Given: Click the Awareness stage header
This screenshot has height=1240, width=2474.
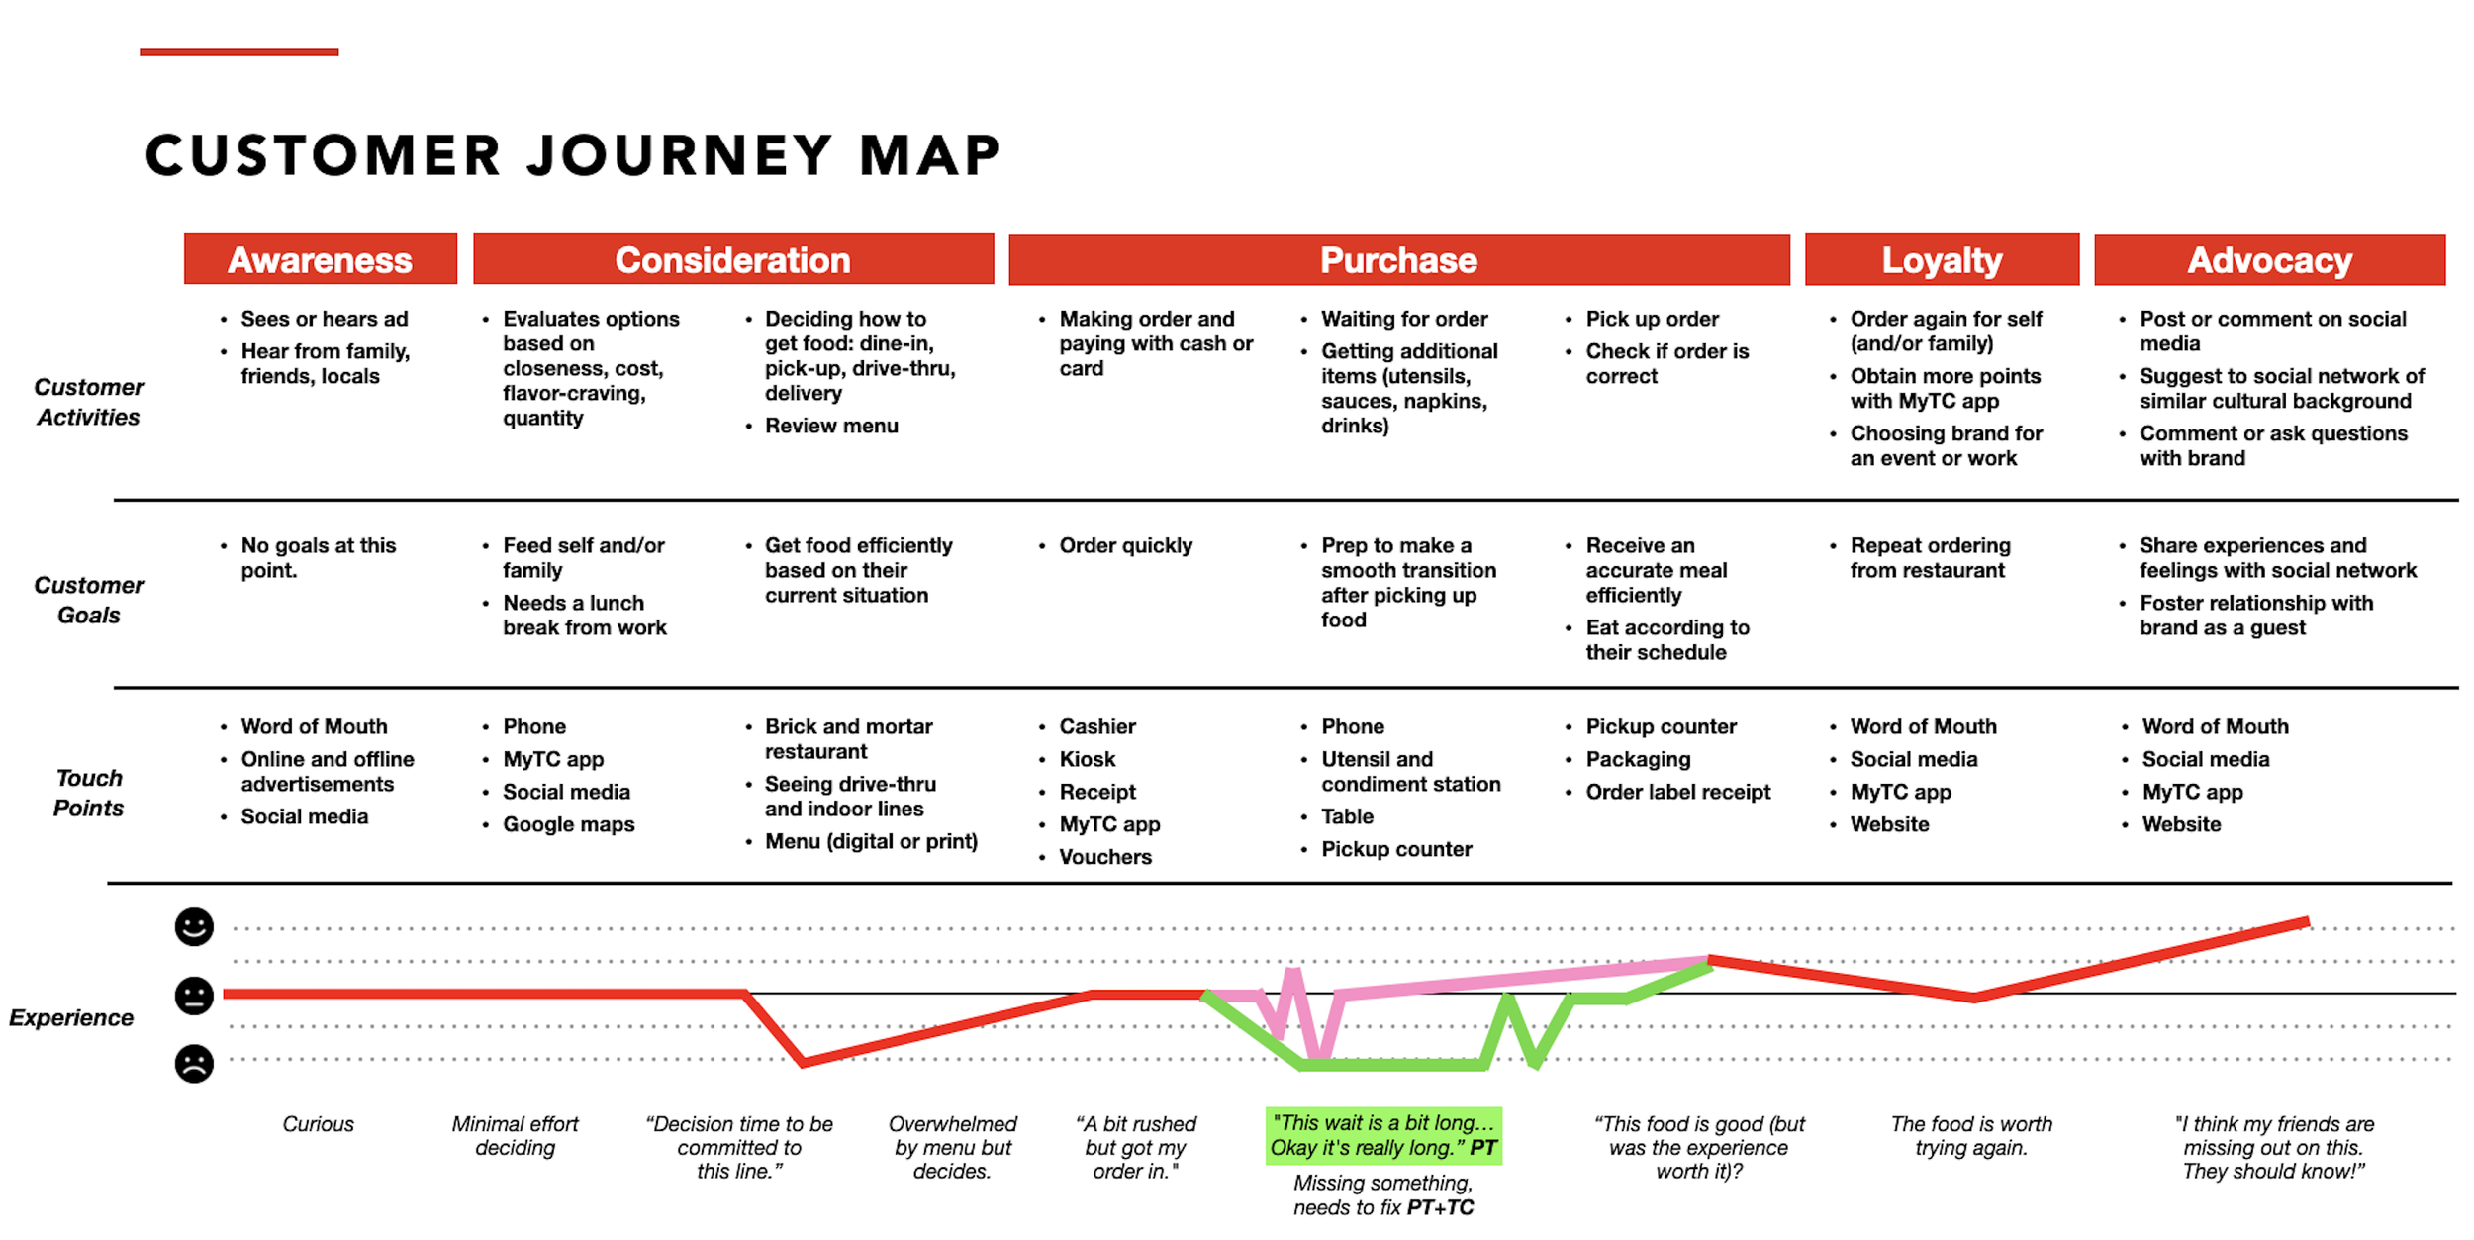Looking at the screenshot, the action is [321, 259].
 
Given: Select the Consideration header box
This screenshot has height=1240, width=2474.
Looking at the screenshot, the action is [733, 259].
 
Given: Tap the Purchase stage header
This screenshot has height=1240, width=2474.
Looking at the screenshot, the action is [1399, 259].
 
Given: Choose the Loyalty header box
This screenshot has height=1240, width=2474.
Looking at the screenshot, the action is [1942, 259].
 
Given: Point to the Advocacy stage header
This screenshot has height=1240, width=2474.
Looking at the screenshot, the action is [2270, 259].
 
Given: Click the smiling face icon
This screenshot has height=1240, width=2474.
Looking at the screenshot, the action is [194, 927].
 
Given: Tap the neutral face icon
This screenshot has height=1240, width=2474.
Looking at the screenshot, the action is [194, 996].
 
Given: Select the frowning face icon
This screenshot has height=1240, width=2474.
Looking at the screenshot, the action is [194, 1064].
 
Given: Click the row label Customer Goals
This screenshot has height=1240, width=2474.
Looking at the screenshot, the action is [89, 600].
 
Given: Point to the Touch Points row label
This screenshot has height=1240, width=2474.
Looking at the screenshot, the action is [89, 793].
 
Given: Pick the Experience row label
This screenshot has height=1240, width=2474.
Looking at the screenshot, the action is [71, 1017].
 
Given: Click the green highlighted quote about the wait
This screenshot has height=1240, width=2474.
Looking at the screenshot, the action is [1383, 1136].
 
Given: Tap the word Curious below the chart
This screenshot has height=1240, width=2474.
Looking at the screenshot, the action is [318, 1124].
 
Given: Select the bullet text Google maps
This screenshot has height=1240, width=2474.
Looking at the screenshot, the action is [569, 824].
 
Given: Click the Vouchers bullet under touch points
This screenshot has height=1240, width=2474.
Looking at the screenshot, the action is [1105, 857].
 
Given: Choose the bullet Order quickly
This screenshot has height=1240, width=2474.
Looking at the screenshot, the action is [1126, 546].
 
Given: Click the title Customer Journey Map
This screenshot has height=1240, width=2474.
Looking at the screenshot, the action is [573, 155].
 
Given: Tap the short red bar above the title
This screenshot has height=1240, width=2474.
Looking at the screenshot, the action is [239, 52].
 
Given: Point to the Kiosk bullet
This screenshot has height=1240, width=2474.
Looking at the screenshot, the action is [1088, 759].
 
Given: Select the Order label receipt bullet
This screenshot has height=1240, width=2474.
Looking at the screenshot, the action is [1678, 792].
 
